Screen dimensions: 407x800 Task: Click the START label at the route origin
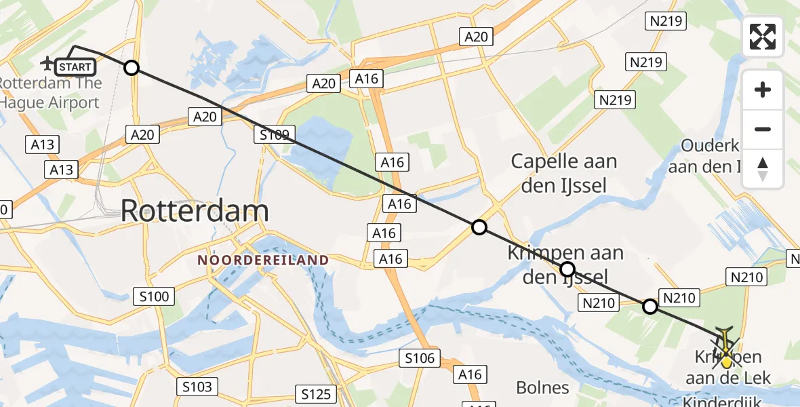point(75,67)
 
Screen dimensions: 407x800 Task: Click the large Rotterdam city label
point(195,212)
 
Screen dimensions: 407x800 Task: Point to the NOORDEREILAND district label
point(263,260)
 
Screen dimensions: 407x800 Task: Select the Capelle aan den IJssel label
point(563,173)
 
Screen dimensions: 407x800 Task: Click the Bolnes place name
point(542,388)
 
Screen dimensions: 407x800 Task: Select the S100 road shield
point(154,296)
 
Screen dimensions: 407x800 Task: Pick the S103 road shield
point(197,387)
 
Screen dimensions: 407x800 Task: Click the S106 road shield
point(420,358)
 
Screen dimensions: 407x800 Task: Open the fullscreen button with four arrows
point(763,37)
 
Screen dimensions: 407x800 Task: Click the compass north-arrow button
point(763,169)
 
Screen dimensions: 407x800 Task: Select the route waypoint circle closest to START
point(132,68)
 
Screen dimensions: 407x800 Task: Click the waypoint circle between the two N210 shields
point(649,307)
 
